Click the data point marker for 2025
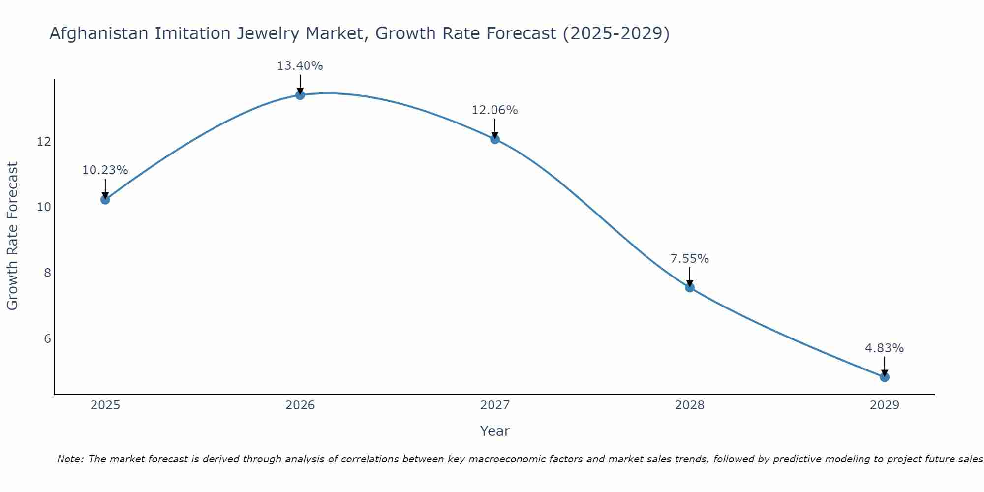coord(105,199)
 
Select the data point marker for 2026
coord(300,95)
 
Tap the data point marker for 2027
coord(495,139)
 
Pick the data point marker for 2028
coord(690,287)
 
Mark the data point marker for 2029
coord(885,377)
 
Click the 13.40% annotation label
coord(300,66)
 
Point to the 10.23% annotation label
coord(105,170)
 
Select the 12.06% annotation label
coord(494,110)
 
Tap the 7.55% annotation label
coord(689,259)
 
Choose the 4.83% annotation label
coord(884,348)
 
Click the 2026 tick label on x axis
coord(300,405)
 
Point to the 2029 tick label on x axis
coord(885,405)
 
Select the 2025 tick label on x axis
coord(105,405)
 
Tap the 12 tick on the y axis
coord(44,142)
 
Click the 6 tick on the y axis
coord(47,339)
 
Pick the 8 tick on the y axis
coord(47,273)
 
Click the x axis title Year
coord(494,431)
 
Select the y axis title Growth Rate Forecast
coord(12,236)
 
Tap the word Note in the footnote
coord(70,459)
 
